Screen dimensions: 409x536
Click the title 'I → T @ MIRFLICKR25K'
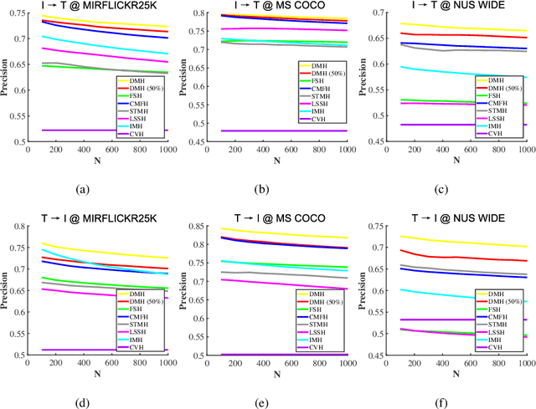tap(98, 6)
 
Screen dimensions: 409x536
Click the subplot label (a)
tap(82, 189)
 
